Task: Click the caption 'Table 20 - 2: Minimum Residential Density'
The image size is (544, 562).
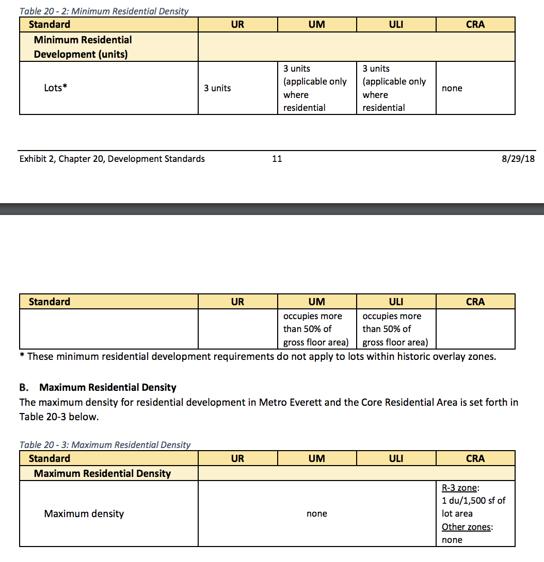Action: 104,11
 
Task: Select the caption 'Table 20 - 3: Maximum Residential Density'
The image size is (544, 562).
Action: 105,444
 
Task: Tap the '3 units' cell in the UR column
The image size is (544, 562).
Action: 217,88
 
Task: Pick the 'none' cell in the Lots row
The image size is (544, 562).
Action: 452,88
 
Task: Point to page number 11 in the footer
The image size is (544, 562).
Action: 277,159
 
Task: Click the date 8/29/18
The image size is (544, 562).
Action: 518,159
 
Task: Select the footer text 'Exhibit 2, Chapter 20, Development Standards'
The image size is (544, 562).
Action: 112,159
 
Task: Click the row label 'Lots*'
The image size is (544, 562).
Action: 56,88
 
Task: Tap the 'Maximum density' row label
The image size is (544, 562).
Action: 84,514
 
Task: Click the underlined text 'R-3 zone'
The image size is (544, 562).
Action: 459,487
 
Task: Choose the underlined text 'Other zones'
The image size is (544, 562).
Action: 467,527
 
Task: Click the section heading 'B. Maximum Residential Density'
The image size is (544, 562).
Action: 108,387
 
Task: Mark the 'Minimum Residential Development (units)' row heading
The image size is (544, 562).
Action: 83,47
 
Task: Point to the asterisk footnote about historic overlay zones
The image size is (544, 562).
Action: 258,356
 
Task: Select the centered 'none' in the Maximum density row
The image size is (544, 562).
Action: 316,514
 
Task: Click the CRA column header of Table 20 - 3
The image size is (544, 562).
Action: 475,458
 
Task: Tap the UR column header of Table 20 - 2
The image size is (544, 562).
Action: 237,24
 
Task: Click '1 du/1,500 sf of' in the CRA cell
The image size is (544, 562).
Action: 473,500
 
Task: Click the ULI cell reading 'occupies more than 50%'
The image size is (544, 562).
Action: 395,329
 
